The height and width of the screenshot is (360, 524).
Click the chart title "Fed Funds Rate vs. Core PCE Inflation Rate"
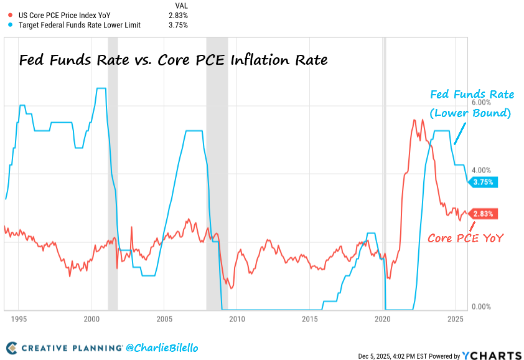[x=172, y=60]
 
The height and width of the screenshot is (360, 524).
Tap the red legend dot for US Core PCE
[x=10, y=15]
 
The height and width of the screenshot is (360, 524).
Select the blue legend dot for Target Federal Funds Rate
[x=10, y=25]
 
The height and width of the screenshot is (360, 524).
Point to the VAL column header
[x=182, y=5]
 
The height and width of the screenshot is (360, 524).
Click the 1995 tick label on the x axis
[x=19, y=319]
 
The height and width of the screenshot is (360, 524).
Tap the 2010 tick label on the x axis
[x=236, y=319]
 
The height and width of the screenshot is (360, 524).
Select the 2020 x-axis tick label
[x=382, y=319]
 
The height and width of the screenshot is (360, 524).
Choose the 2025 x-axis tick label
[x=455, y=319]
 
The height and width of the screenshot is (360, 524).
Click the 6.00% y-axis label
[x=482, y=102]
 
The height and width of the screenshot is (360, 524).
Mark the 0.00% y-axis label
[x=482, y=307]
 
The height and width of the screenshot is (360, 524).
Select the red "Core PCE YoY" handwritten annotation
[x=465, y=237]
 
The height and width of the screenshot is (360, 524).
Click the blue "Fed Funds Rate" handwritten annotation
[x=473, y=95]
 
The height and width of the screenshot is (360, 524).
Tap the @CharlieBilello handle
[x=162, y=347]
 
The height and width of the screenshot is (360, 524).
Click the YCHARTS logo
[x=491, y=355]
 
